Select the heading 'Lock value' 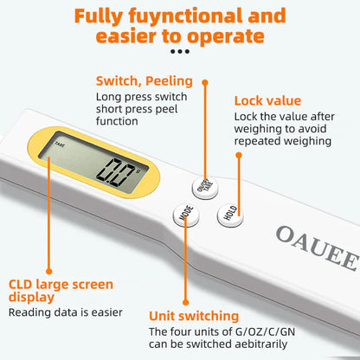[268, 100]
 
